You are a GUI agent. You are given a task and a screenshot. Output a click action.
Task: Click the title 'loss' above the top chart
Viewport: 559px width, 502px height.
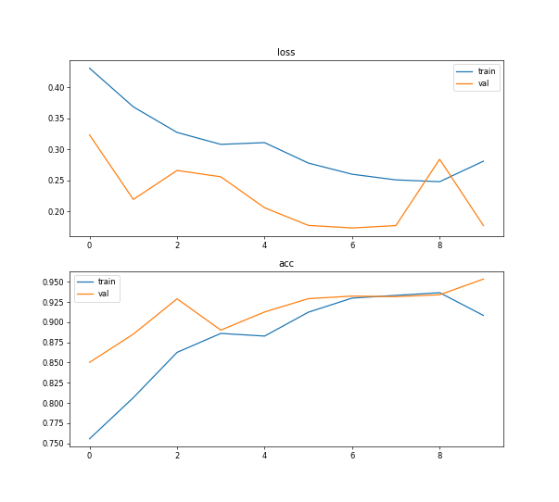pyautogui.click(x=286, y=53)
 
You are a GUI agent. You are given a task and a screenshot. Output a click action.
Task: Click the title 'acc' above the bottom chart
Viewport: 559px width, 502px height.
pyautogui.click(x=286, y=264)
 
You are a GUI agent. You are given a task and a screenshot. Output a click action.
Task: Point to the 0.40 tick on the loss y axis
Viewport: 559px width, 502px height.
pyautogui.click(x=54, y=88)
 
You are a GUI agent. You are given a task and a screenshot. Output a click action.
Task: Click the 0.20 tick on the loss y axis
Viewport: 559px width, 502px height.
pyautogui.click(x=54, y=212)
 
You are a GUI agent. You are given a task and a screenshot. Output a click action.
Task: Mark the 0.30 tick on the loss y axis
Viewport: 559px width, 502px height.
pyautogui.click(x=54, y=150)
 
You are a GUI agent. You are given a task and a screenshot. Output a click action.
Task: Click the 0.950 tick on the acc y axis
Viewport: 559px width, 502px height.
pyautogui.click(x=51, y=282)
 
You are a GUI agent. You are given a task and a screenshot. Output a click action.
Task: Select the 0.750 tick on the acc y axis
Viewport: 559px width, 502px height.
pyautogui.click(x=51, y=445)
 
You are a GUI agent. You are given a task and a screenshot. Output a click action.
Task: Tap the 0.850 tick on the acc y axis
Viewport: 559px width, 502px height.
pyautogui.click(x=51, y=363)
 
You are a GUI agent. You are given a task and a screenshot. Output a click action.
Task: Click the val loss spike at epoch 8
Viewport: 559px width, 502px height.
pyautogui.click(x=439, y=159)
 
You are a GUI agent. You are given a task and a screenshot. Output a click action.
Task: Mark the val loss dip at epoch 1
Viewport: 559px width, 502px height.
pyautogui.click(x=133, y=199)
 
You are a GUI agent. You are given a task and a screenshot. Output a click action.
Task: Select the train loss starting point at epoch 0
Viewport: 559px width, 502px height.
pyautogui.click(x=89, y=68)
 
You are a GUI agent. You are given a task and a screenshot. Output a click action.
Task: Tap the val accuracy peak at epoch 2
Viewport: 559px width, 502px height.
pyautogui.click(x=177, y=299)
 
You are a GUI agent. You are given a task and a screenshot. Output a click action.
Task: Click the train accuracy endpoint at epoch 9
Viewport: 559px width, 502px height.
pyautogui.click(x=483, y=316)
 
